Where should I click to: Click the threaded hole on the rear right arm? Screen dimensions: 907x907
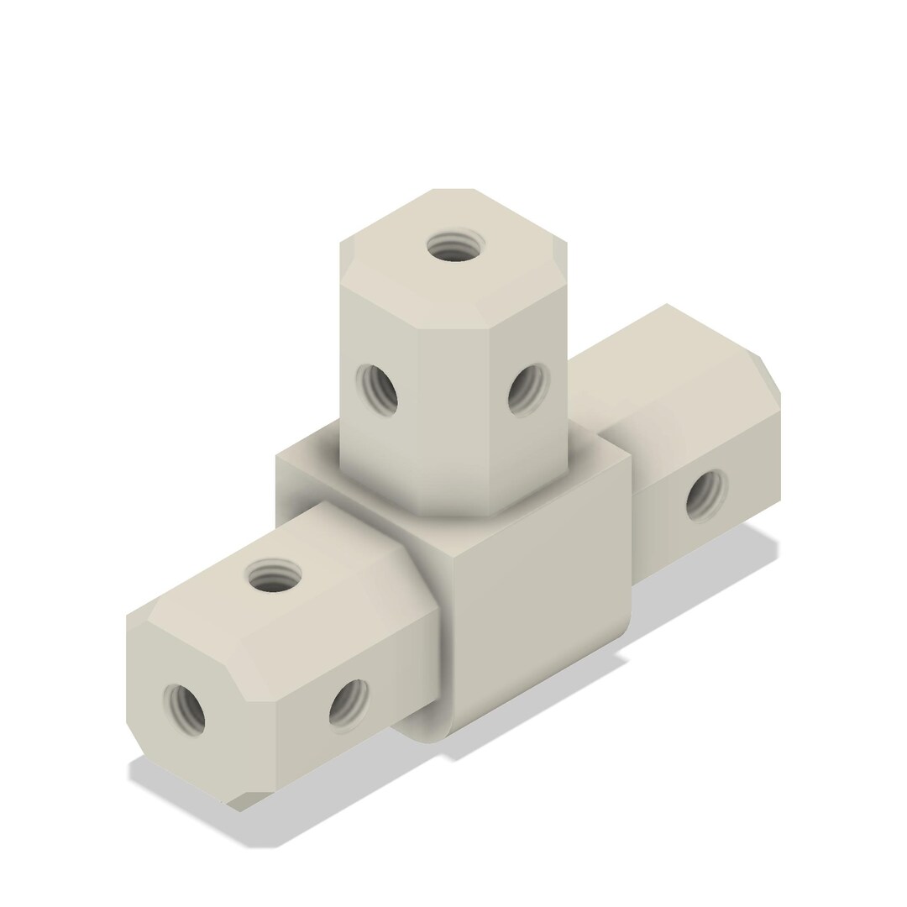click(x=707, y=495)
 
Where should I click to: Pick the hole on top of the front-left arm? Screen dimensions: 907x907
click(x=275, y=577)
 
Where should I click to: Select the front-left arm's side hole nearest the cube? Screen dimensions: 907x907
click(x=348, y=702)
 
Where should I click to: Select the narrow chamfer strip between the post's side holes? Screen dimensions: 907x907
click(x=453, y=403)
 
